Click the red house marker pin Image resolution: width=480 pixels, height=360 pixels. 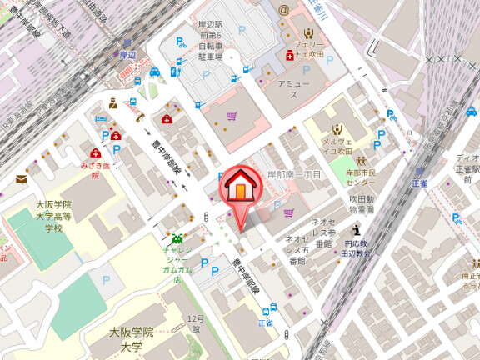point(239,187)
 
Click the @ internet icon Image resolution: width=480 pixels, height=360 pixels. point(283,10)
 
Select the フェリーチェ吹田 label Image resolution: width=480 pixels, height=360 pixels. point(312,47)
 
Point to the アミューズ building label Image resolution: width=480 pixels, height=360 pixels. point(293,89)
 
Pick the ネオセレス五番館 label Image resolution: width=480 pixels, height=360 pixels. point(297,250)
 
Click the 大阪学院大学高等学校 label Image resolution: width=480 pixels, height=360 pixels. point(54,216)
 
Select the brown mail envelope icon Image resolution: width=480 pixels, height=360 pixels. point(21,178)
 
